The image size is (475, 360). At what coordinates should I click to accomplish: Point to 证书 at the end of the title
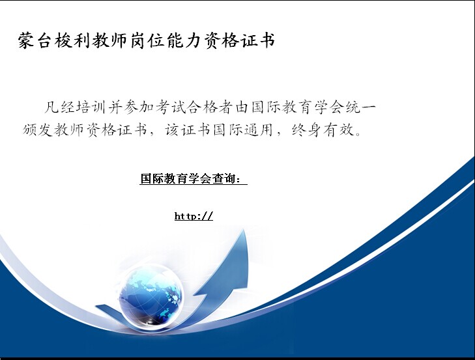point(259,40)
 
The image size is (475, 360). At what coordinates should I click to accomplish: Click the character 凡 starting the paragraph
point(51,107)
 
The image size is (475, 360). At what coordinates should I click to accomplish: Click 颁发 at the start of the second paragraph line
point(38,130)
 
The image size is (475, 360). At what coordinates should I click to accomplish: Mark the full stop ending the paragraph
point(358,134)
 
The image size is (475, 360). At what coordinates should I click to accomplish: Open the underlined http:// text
point(194,216)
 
